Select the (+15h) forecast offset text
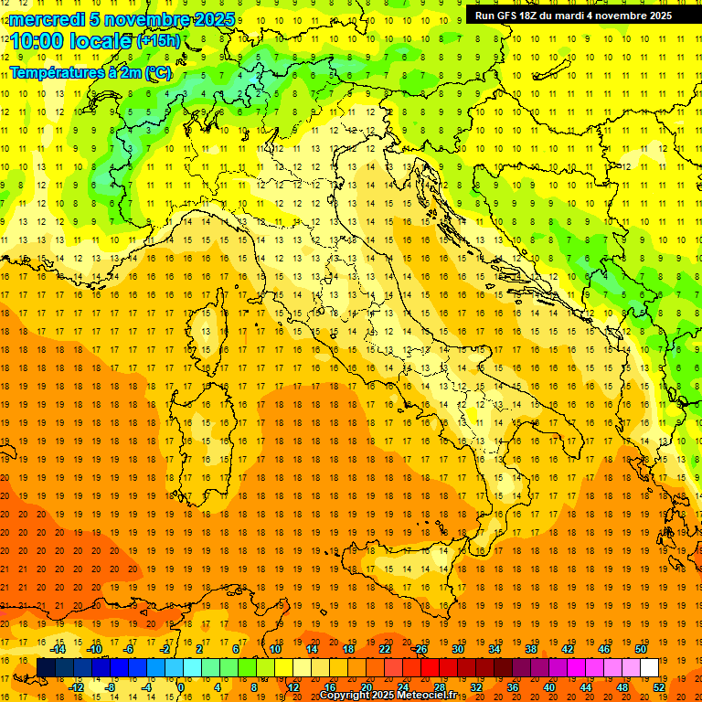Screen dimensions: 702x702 pyautogui.click(x=158, y=41)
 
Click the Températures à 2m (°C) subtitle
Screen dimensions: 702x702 pyautogui.click(x=90, y=71)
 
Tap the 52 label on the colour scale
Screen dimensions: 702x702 pyautogui.click(x=659, y=686)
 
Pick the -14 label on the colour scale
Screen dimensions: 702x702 pyautogui.click(x=58, y=648)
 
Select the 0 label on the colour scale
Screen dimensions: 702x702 pyautogui.click(x=181, y=686)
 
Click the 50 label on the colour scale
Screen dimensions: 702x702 pyautogui.click(x=641, y=648)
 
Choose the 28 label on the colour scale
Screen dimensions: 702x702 pyautogui.click(x=439, y=686)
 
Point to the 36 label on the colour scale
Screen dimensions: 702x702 pyautogui.click(x=513, y=686)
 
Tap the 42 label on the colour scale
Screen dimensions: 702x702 pyautogui.click(x=568, y=648)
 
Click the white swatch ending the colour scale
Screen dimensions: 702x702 pyautogui.click(x=650, y=667)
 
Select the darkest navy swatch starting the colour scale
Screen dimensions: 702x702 pyautogui.click(x=46, y=667)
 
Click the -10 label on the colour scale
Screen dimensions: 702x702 pyautogui.click(x=93, y=648)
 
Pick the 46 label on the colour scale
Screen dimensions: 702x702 pyautogui.click(x=604, y=648)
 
